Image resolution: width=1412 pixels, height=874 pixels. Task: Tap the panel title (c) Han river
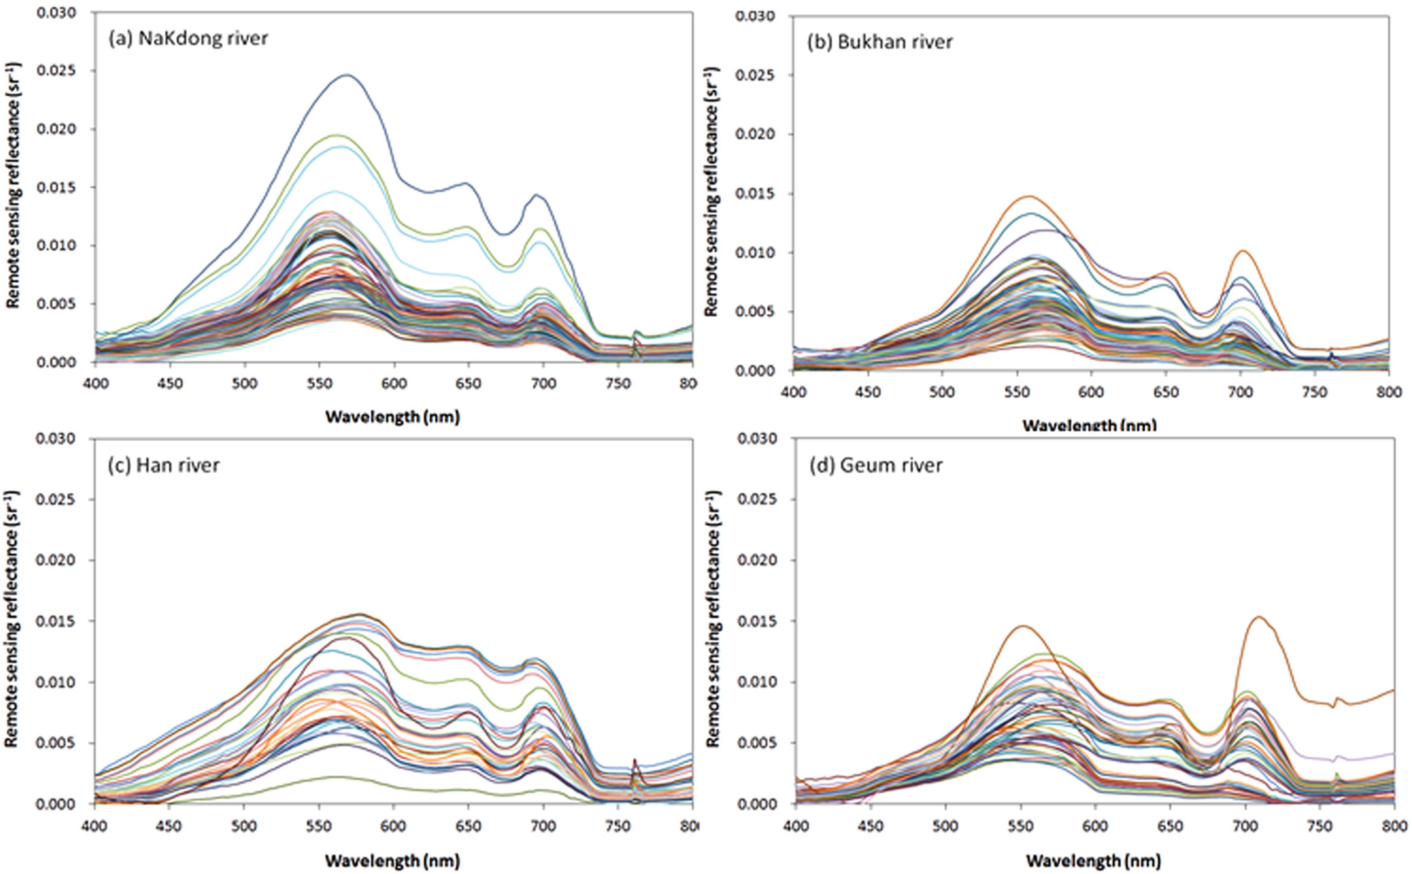click(164, 465)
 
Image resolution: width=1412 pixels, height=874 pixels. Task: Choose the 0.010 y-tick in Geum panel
click(755, 682)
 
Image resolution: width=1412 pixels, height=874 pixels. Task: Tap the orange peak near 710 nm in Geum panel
click(1259, 617)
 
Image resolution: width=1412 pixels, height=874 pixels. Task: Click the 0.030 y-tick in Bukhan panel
click(755, 16)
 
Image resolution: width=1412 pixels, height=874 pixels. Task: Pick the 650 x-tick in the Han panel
click(468, 826)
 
